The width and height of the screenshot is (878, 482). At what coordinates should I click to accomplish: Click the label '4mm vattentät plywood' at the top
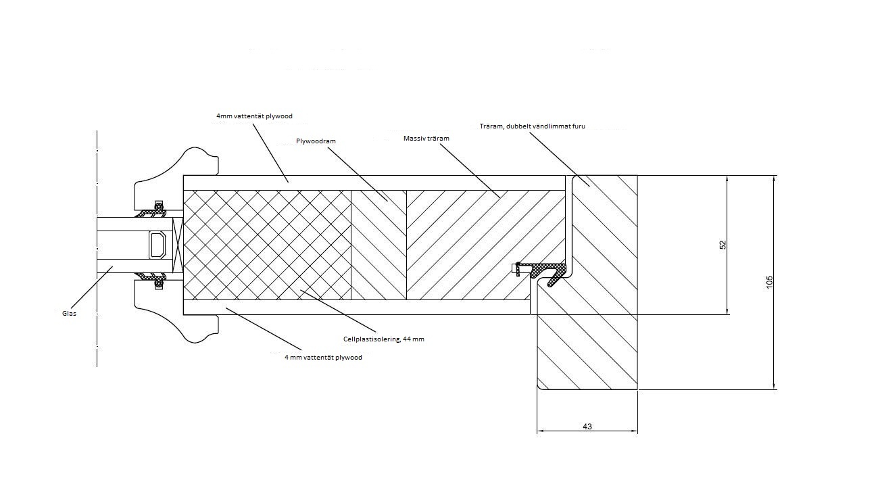[x=254, y=116]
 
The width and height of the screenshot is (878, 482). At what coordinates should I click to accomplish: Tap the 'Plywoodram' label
[x=316, y=141]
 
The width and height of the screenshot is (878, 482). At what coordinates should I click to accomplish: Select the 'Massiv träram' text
[x=426, y=139]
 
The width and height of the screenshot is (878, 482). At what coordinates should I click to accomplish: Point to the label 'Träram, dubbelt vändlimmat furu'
[x=533, y=126]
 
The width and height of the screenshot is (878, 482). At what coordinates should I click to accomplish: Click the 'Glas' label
[x=69, y=314]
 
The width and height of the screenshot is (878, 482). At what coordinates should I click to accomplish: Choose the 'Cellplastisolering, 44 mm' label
[x=384, y=339]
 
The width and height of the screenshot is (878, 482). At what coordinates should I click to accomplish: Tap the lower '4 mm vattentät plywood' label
[x=323, y=358]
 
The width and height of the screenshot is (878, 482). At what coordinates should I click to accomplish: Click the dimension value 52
[x=723, y=245]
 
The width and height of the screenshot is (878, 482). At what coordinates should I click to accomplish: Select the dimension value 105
[x=769, y=283]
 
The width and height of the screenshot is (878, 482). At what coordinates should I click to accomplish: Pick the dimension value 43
[x=587, y=427]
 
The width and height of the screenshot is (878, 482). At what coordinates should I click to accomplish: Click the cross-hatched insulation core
[x=267, y=245]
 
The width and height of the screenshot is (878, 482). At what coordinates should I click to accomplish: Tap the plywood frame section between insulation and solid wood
[x=379, y=245]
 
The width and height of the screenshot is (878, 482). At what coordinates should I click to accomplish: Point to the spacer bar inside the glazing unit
[x=158, y=245]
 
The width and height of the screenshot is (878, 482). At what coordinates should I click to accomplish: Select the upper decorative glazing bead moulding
[x=176, y=178]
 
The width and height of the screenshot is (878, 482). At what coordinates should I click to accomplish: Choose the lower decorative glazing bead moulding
[x=176, y=312]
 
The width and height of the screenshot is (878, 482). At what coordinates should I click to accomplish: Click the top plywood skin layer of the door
[x=374, y=183]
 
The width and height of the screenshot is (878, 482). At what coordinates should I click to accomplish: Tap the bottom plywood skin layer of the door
[x=357, y=307]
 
